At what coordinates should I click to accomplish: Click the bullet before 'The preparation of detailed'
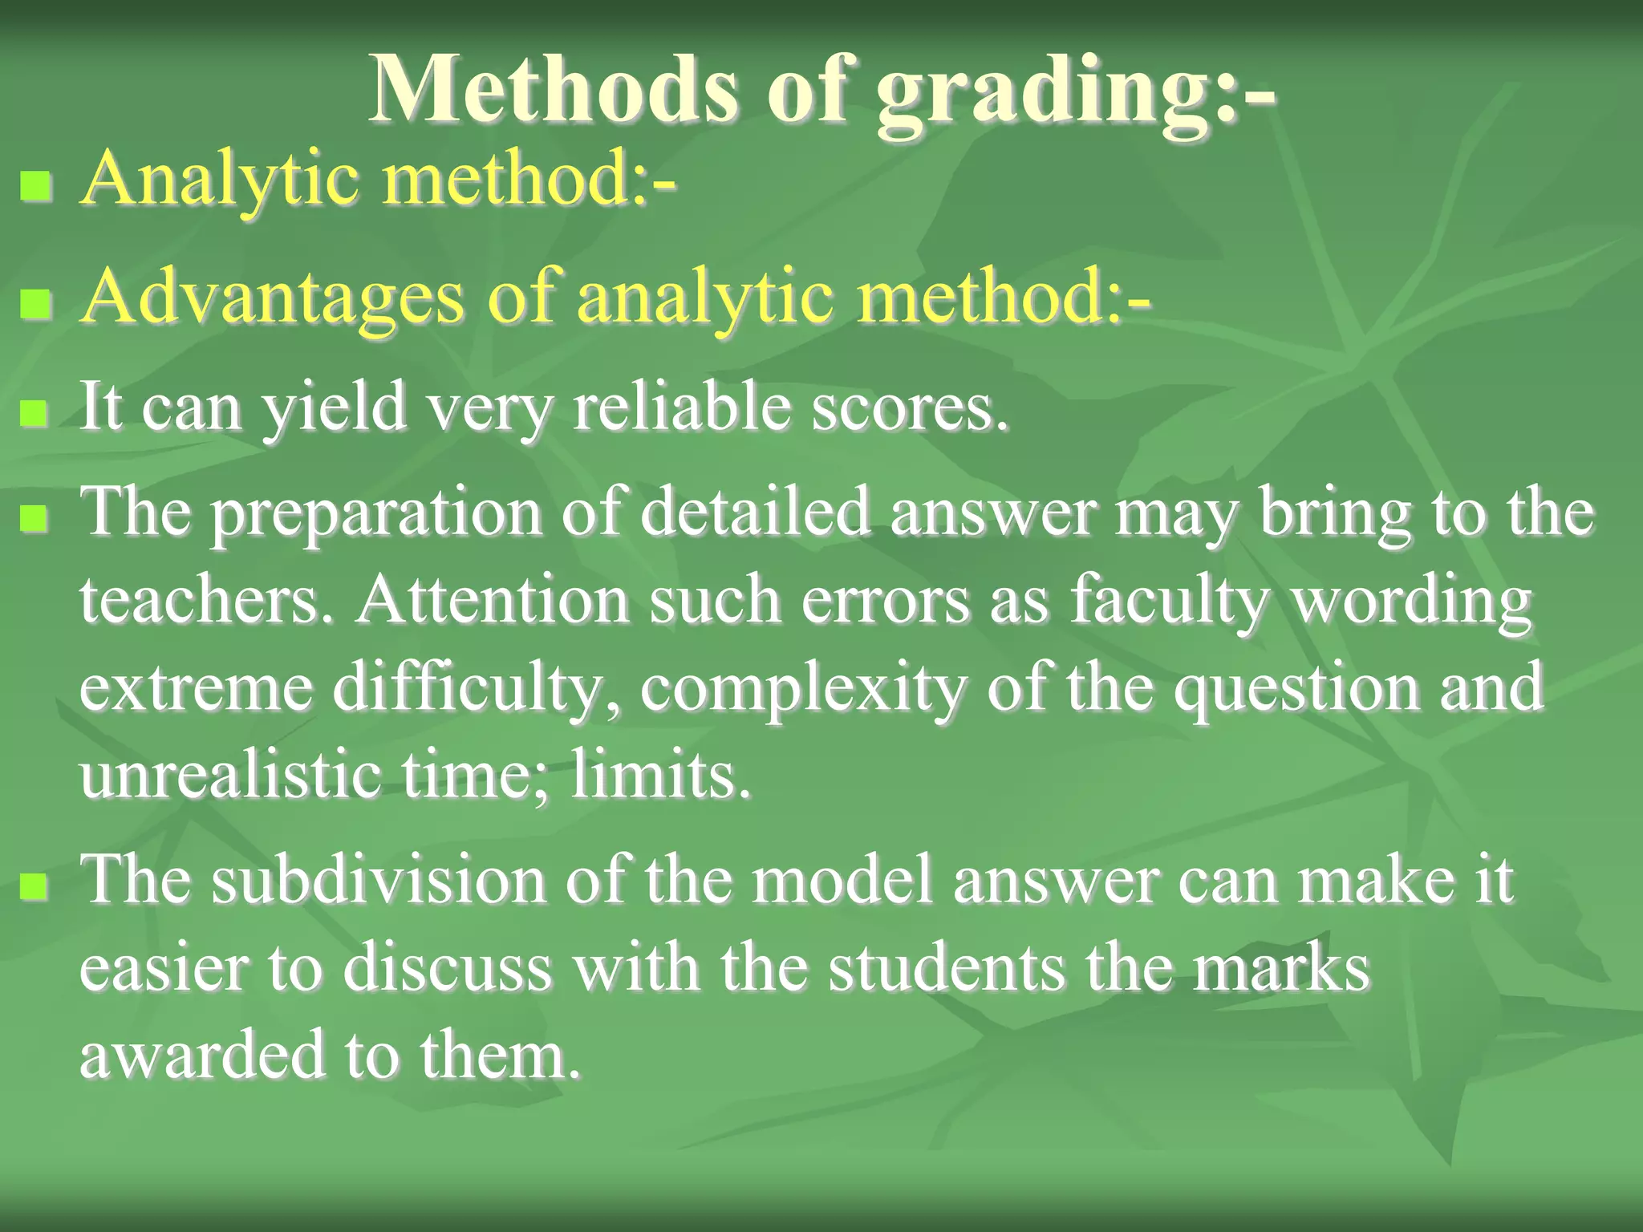coord(36,517)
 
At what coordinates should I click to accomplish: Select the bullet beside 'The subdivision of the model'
coord(36,885)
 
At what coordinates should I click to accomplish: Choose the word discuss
coord(448,969)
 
